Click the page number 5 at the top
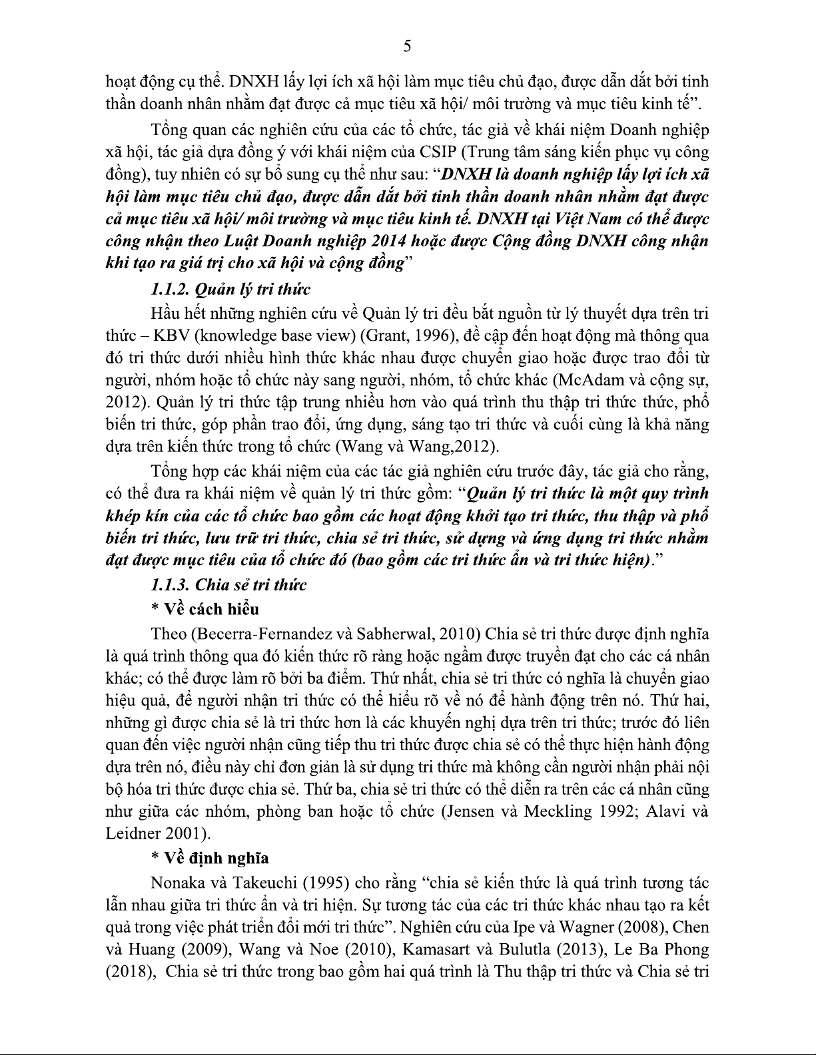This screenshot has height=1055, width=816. tap(408, 46)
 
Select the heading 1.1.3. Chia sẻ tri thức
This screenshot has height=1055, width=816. tap(228, 585)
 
